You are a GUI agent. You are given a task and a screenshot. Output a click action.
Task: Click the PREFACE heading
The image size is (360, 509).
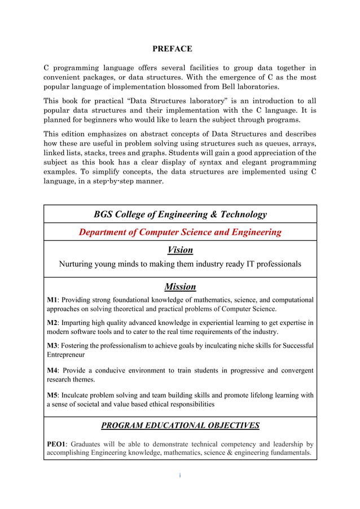172,49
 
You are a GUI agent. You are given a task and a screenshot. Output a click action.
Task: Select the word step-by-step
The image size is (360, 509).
128,182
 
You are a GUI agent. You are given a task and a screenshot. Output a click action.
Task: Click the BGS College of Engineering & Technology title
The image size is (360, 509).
180,214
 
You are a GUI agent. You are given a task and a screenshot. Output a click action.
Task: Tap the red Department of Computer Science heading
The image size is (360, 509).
180,232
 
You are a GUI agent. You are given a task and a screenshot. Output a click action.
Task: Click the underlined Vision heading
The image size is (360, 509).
180,250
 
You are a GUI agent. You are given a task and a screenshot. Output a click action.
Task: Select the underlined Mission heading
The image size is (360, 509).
180,287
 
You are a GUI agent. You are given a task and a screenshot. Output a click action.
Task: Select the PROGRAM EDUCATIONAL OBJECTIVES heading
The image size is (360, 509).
180,425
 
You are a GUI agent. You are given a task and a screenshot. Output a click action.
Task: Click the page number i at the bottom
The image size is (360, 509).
180,475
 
